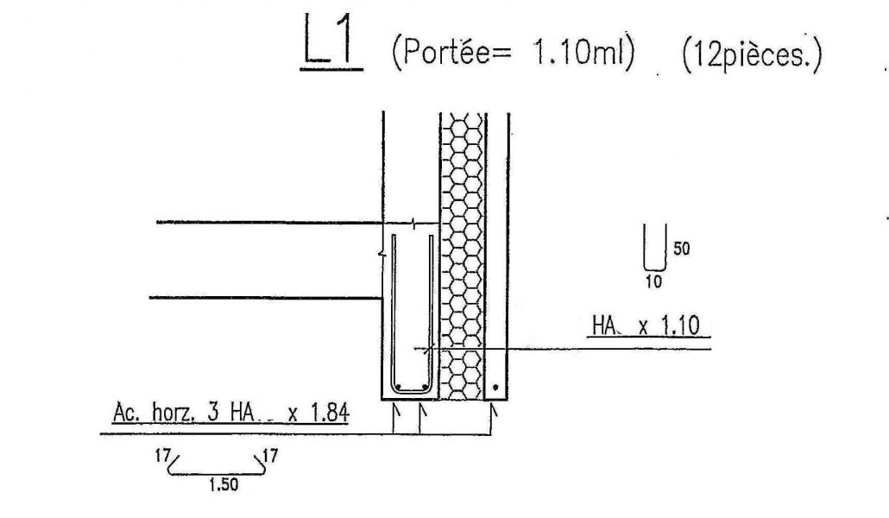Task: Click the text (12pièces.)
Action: click(749, 56)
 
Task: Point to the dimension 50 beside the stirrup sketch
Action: click(681, 250)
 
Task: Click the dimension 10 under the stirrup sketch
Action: click(654, 281)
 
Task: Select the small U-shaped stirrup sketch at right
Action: click(654, 249)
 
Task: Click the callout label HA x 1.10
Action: click(646, 326)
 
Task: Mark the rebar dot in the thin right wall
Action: click(495, 388)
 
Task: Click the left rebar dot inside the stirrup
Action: click(398, 386)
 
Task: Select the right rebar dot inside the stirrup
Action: click(424, 386)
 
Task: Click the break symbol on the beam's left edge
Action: click(382, 255)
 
